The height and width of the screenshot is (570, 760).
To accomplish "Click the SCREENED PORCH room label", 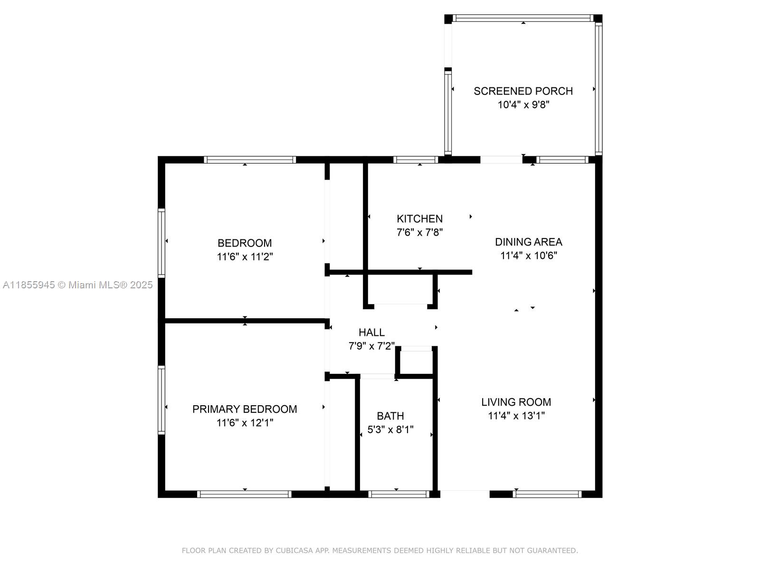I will coord(523,91).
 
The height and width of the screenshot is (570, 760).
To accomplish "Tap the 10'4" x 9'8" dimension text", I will coord(523,104).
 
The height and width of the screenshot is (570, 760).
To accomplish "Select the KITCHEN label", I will coord(419,218).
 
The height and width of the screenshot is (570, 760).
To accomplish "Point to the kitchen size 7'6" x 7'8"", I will coord(419,232).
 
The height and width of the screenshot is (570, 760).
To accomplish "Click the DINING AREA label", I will coord(528,242).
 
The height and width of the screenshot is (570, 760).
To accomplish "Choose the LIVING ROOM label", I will coord(516,402).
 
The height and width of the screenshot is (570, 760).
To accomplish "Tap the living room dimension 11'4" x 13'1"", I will coord(516,416).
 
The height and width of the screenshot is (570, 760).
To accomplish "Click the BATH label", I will coord(390,416).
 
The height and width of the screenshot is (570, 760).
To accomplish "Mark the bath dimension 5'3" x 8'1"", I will coord(390,429).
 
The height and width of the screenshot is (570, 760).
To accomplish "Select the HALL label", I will coord(371,332).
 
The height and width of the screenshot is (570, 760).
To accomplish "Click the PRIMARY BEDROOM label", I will coord(245,409).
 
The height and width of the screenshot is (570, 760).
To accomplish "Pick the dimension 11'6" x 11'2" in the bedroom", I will coord(245,257).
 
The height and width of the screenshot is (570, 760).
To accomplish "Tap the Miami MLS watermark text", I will coord(77,285).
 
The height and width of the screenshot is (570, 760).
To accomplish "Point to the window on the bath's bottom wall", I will coord(399,494).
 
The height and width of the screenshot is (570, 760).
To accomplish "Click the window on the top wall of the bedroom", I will coord(250,160).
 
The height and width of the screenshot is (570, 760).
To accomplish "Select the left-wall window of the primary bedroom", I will coord(161,400).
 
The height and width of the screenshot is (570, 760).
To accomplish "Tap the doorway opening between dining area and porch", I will coord(501,160).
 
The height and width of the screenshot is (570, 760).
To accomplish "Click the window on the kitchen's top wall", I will coord(416,160).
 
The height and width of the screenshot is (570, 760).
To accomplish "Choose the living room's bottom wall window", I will coord(547,494).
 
